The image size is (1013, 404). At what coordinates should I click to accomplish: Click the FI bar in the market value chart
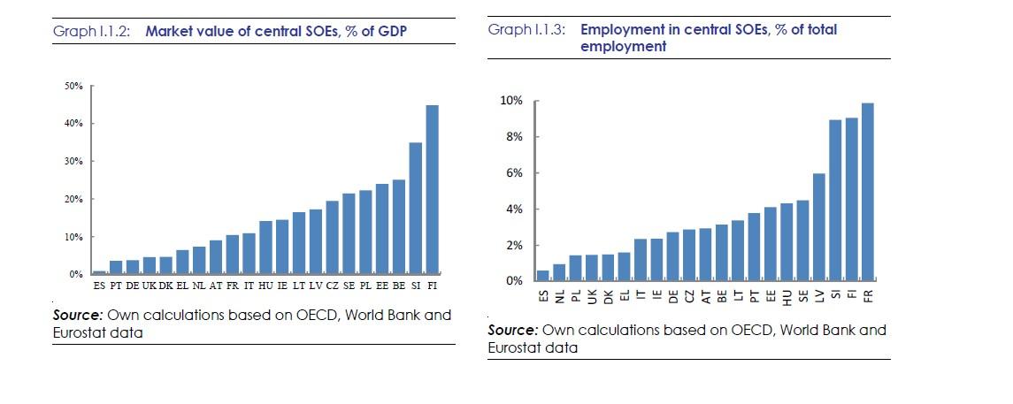point(432,190)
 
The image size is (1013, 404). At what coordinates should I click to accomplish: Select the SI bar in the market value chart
point(415,209)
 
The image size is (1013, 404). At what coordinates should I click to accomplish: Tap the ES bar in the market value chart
point(98,272)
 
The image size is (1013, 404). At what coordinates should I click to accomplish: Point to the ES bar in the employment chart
point(541,276)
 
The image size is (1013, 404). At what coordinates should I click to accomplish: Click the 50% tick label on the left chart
point(74,86)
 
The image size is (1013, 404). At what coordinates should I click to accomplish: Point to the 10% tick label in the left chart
point(74,237)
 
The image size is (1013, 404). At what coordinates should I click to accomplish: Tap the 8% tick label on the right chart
point(515,137)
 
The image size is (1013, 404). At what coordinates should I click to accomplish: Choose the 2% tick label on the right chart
point(515,245)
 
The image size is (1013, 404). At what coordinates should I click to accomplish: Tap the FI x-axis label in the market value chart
point(432,286)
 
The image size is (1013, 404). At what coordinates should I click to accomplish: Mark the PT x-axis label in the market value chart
point(115,286)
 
